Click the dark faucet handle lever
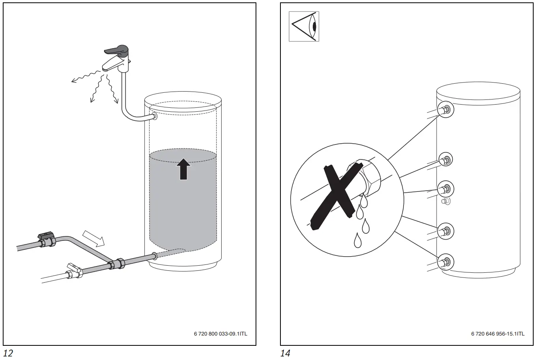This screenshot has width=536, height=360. [116, 51]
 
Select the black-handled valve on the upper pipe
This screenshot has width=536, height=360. [46, 239]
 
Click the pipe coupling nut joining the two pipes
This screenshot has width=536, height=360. [117, 263]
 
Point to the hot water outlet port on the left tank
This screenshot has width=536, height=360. [154, 116]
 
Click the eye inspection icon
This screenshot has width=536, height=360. [304, 26]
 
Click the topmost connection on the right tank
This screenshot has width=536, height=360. [446, 110]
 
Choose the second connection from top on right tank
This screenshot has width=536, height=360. [446, 159]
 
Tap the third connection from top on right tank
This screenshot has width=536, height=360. [446, 188]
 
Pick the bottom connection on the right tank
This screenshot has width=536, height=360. [446, 261]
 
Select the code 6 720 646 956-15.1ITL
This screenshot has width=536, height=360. [498, 334]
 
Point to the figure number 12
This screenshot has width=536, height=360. [8, 353]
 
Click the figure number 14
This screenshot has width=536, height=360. [285, 353]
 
